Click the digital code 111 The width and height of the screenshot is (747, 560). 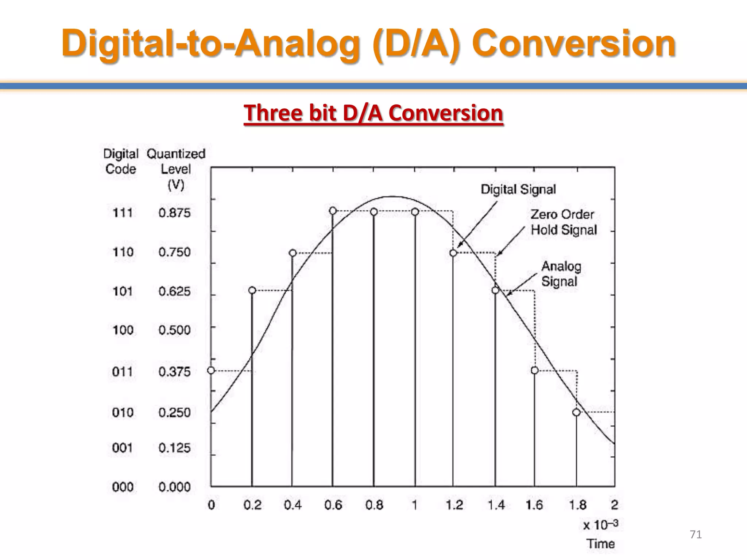(123, 213)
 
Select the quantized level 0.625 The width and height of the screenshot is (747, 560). (174, 291)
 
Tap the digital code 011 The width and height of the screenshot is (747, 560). (123, 372)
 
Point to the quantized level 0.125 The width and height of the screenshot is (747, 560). (174, 448)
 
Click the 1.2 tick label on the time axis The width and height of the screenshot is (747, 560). (454, 505)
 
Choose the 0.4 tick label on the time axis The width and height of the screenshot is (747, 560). (293, 505)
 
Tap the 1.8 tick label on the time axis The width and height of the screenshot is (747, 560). (578, 505)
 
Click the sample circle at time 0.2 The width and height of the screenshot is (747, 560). (252, 290)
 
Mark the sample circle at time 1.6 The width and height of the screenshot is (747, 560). (535, 370)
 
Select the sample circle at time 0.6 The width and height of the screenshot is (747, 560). (333, 211)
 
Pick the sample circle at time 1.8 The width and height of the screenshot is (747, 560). (576, 412)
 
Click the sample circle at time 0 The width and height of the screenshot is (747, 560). (211, 370)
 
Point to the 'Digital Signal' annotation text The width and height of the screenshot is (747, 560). (518, 189)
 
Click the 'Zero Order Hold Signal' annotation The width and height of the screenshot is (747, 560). (564, 222)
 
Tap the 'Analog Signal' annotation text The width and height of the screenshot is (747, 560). (561, 274)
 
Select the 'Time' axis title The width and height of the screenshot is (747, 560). (600, 544)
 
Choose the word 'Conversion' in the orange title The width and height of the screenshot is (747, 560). (574, 43)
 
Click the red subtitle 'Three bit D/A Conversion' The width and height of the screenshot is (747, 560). (373, 113)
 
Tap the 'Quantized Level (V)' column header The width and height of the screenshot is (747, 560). (176, 169)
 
